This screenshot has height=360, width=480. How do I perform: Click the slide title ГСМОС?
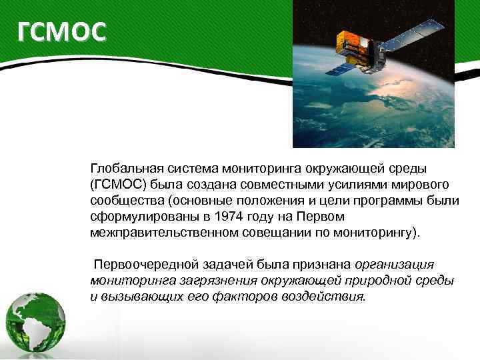click(x=61, y=31)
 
